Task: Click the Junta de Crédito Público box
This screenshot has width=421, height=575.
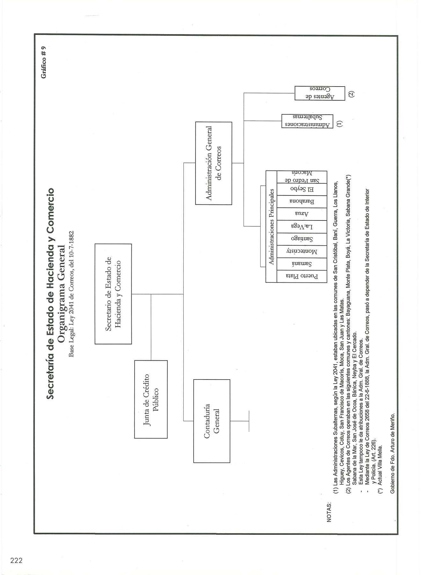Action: (151, 399)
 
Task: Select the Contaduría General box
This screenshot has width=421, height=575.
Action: (212, 421)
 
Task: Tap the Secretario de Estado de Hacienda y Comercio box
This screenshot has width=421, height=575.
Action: (113, 294)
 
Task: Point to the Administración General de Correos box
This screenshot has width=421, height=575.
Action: (214, 163)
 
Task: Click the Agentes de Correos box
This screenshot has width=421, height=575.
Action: (320, 93)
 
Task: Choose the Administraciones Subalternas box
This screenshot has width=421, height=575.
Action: (307, 121)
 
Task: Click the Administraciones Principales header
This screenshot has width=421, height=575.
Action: (271, 226)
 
